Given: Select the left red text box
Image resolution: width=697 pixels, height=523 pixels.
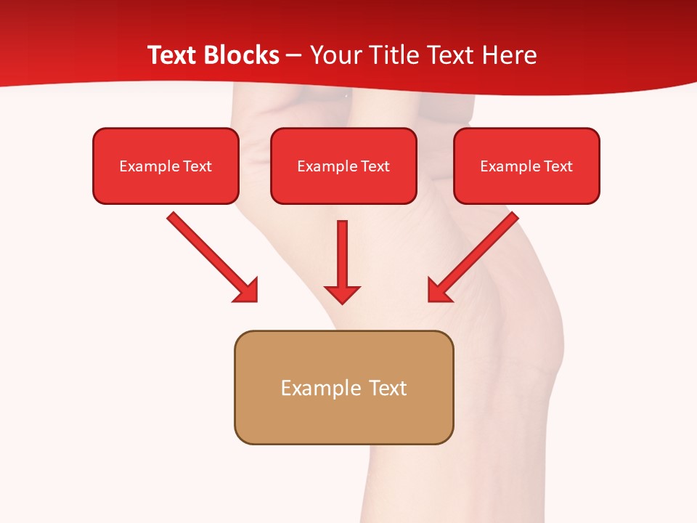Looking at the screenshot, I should pyautogui.click(x=166, y=166).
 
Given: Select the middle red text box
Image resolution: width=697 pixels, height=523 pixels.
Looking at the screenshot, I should pyautogui.click(x=343, y=166).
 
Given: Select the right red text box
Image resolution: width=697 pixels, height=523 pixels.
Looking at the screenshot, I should pyautogui.click(x=526, y=166).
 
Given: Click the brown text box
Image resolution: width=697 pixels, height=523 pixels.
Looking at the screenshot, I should pyautogui.click(x=343, y=387).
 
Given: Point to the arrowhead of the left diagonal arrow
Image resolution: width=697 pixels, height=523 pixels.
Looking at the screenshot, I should pyautogui.click(x=247, y=291).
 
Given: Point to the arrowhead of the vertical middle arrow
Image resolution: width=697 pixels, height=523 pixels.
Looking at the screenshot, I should pyautogui.click(x=342, y=293).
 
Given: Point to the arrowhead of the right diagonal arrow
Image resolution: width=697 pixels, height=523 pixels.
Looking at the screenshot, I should pyautogui.click(x=439, y=291).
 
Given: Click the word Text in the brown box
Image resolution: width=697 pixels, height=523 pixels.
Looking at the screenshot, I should pyautogui.click(x=387, y=388).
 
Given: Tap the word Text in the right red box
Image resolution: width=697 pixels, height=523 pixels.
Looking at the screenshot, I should pyautogui.click(x=558, y=166).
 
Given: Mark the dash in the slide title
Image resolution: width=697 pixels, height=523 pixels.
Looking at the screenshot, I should pyautogui.click(x=294, y=56).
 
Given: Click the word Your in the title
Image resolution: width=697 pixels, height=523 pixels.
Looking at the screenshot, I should pyautogui.click(x=333, y=55).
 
